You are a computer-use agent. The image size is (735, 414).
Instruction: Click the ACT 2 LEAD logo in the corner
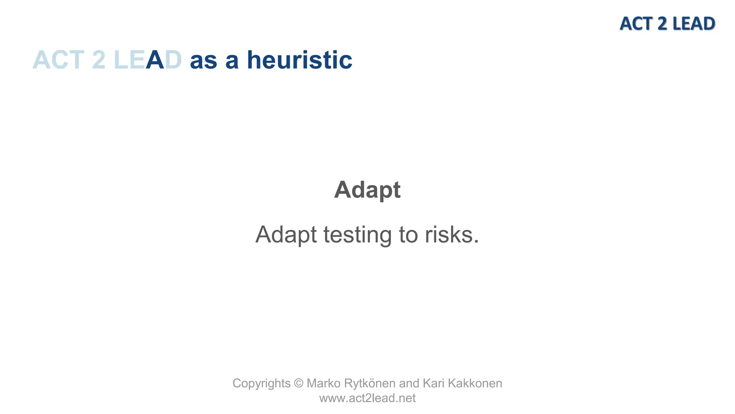click(x=667, y=24)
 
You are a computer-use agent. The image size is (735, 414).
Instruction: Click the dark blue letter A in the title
click(x=155, y=60)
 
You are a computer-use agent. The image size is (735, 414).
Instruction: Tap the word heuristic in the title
click(x=300, y=60)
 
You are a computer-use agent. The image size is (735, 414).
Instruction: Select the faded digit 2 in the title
click(x=99, y=60)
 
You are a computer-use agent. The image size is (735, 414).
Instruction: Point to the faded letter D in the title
click(x=174, y=60)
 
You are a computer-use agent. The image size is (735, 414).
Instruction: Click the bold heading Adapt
click(x=367, y=190)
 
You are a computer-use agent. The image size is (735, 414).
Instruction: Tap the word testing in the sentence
click(x=357, y=235)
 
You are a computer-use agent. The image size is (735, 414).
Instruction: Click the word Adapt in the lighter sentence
click(x=286, y=235)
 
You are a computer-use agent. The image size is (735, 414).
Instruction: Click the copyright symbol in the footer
click(x=299, y=383)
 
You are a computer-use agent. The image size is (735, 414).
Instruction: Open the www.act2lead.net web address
click(x=367, y=398)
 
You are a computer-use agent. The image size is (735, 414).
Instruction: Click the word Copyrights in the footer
click(x=261, y=383)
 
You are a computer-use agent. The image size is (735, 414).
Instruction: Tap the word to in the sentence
click(x=408, y=235)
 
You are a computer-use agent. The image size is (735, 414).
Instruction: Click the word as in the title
click(x=203, y=60)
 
